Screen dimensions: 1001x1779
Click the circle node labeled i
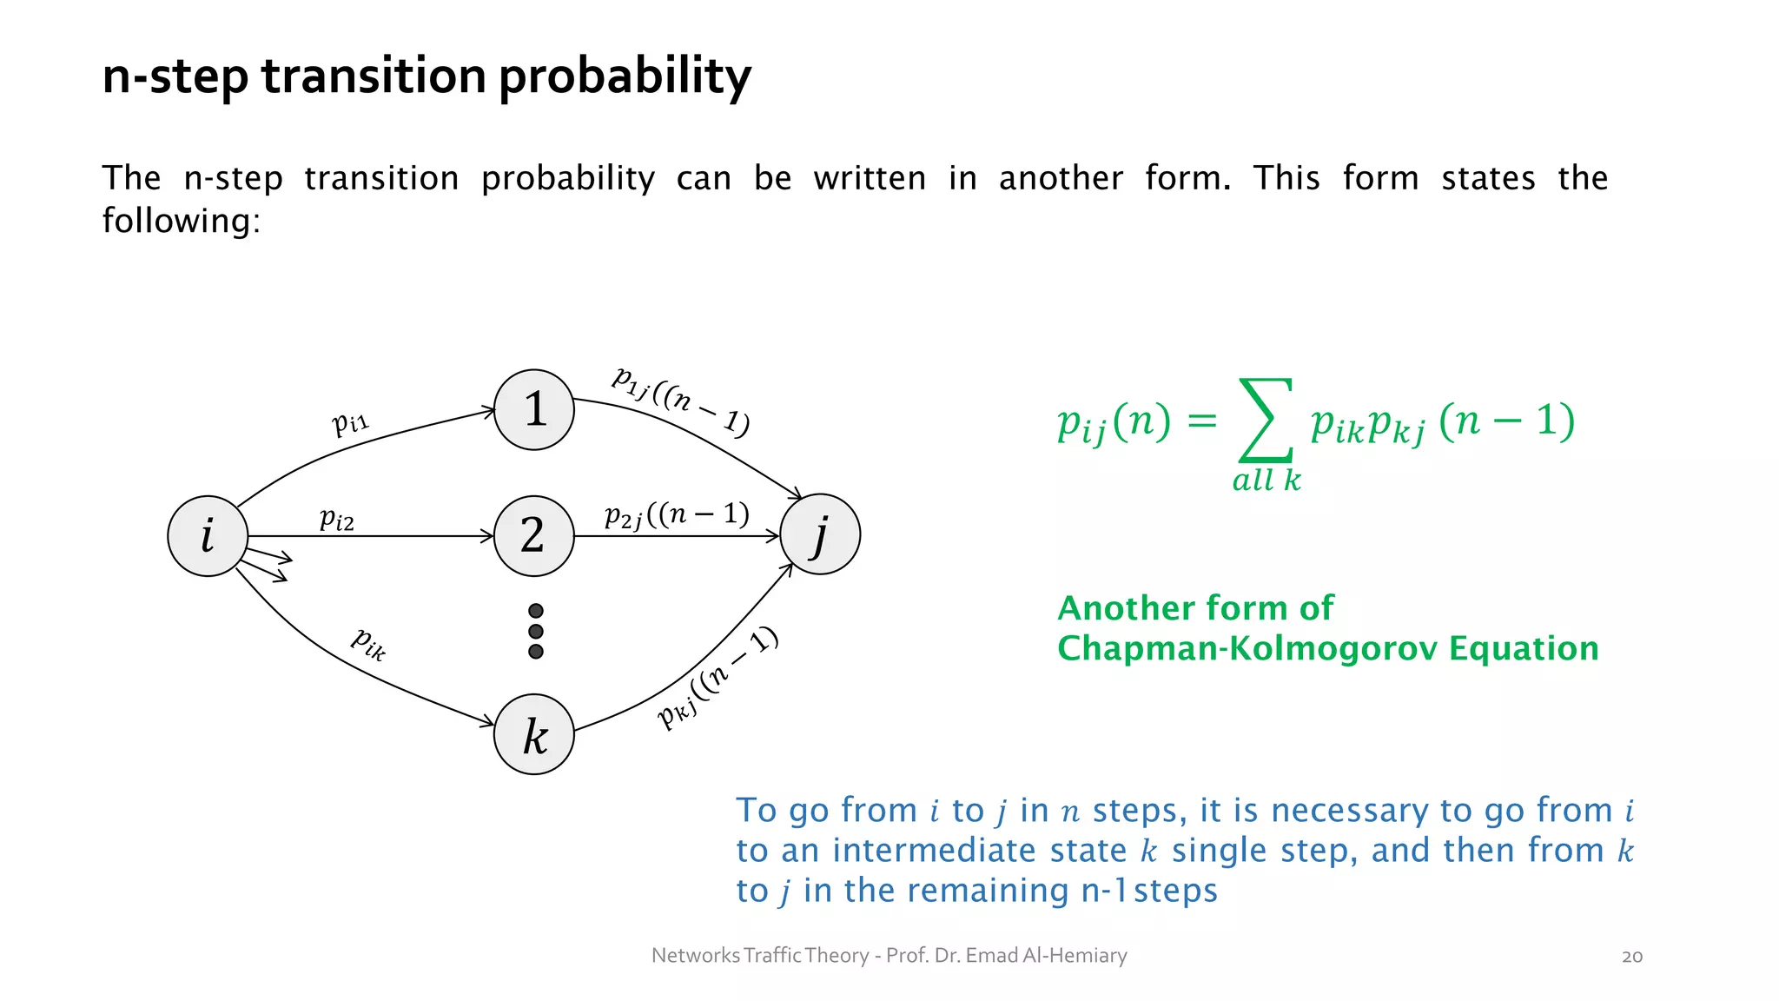coord(208,535)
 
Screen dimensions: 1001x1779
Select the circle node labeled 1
coord(534,409)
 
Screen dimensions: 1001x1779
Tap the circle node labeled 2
coord(534,535)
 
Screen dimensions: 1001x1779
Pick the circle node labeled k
coord(534,734)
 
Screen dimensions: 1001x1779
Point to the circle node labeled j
coord(820,534)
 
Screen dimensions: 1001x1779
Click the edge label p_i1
coord(351,422)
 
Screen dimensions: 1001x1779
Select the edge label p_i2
coord(337,519)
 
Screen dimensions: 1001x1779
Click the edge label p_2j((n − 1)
coord(677,515)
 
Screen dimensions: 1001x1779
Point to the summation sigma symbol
coord(1266,420)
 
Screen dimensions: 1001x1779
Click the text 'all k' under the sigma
coord(1266,480)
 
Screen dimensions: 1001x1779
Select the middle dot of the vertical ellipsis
coord(536,632)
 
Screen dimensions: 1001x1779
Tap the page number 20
coord(1632,957)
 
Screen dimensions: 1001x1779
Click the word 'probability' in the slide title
coord(625,76)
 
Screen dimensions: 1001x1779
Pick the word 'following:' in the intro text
coord(182,221)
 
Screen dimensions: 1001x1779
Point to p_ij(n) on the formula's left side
coord(1114,423)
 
